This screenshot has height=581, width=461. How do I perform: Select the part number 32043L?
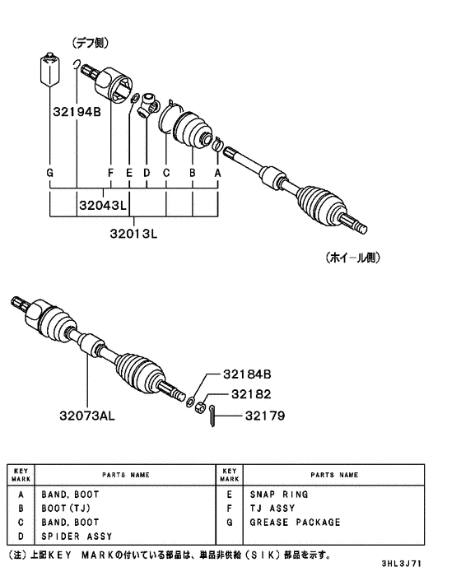104,204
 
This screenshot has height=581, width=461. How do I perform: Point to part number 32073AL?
86,416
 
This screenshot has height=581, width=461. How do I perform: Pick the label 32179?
263,416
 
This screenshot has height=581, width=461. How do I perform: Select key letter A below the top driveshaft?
218,174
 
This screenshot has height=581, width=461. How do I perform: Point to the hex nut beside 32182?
199,404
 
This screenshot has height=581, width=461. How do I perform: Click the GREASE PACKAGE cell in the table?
294,523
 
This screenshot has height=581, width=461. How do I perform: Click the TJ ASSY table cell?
272,509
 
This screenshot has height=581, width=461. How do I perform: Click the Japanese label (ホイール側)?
355,257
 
